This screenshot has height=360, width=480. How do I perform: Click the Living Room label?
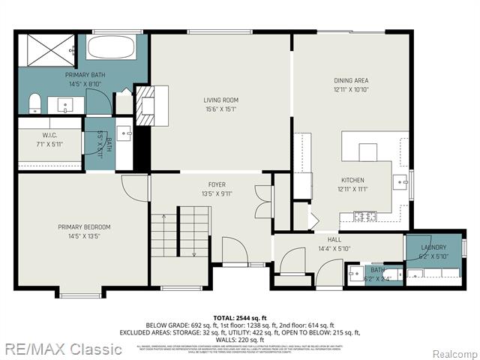pos(220,100)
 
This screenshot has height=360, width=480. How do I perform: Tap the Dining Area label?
pos(351,80)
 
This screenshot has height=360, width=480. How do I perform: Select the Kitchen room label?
pos(352,180)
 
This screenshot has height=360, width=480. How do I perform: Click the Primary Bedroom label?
pos(84,226)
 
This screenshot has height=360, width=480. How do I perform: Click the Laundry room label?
pos(433,247)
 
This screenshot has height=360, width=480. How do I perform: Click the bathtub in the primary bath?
pos(110,48)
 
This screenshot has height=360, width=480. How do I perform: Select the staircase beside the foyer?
pos(179,232)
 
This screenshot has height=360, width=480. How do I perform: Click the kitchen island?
pos(367,151)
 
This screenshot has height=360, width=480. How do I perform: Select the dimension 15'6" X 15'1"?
pos(220,109)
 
